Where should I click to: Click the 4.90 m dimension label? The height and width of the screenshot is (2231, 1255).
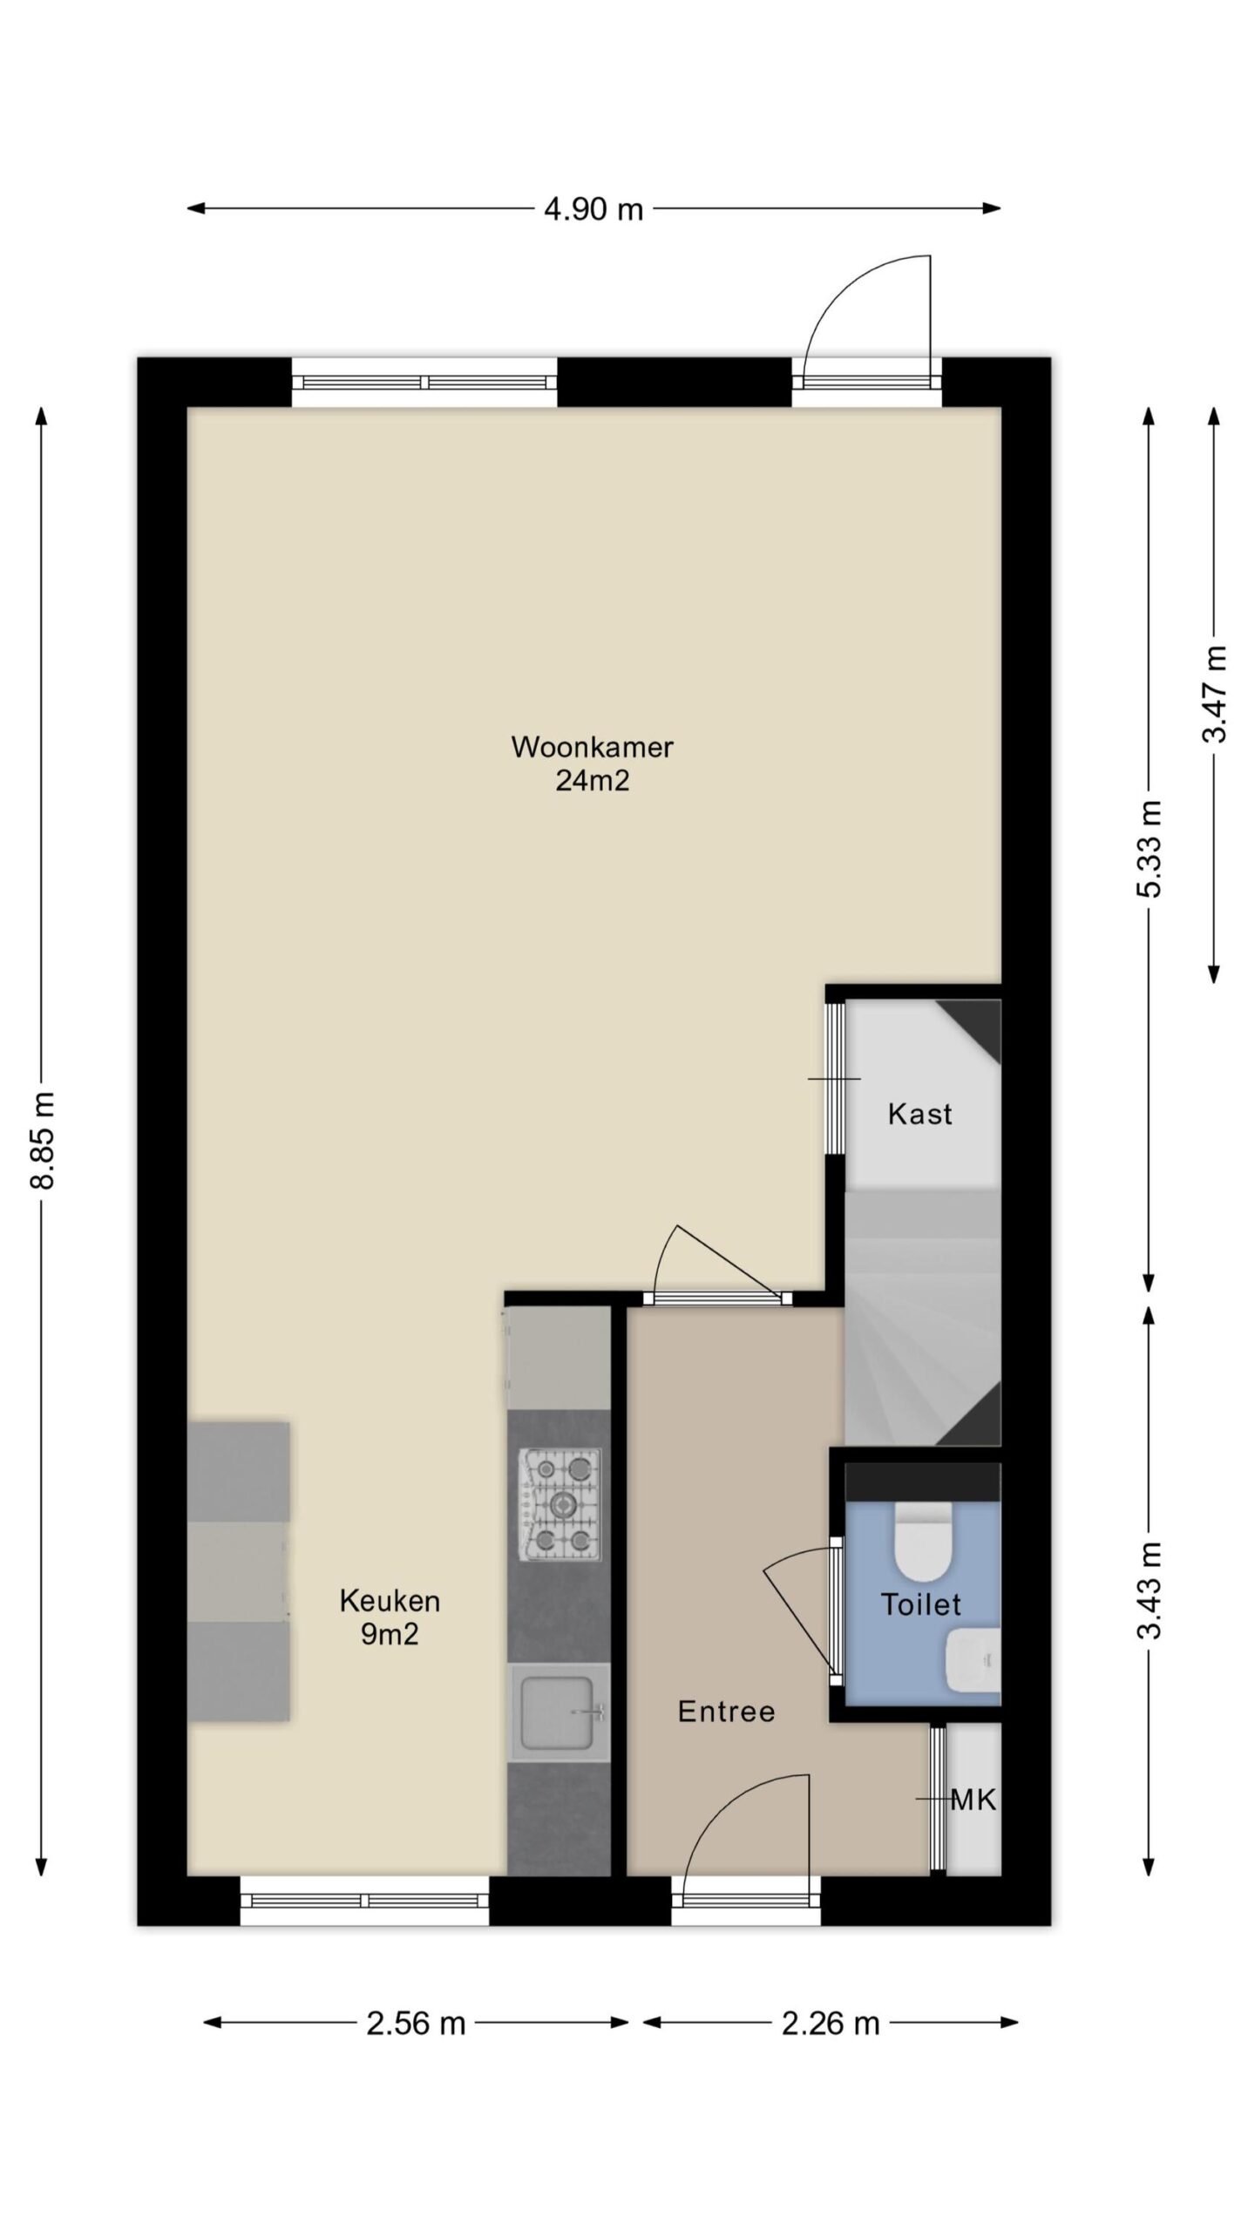(593, 209)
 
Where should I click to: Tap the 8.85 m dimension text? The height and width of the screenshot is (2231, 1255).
(43, 1140)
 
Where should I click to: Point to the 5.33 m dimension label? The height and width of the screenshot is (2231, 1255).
(1150, 849)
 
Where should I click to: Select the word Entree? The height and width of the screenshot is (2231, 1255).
(727, 1712)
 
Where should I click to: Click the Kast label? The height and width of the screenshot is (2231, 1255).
(920, 1114)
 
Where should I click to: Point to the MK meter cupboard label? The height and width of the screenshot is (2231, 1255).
(973, 1800)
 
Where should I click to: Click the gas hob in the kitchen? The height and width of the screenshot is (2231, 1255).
(560, 1504)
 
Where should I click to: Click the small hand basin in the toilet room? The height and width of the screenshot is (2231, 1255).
(973, 1663)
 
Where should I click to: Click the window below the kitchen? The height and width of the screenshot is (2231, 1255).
(364, 1900)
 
